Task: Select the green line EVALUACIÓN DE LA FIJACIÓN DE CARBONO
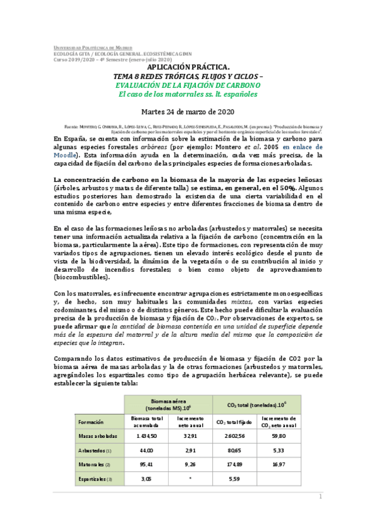(x=188, y=85)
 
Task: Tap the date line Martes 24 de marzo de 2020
(x=188, y=112)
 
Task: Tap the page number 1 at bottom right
(x=320, y=497)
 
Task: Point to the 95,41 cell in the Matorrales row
(x=146, y=465)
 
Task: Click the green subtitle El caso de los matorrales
(x=188, y=95)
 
